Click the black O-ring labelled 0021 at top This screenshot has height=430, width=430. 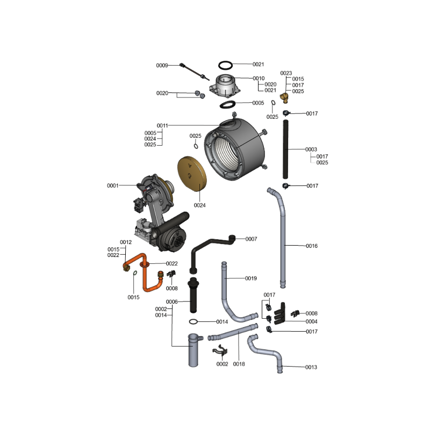(225, 62)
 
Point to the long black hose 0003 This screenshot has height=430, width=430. (285, 149)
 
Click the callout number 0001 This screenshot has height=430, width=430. (113, 185)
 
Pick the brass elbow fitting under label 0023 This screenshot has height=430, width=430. (284, 97)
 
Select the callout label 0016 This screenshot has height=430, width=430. (312, 246)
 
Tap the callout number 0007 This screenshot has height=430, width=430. (251, 239)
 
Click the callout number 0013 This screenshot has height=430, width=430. (311, 367)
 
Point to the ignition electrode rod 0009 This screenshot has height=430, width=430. (195, 72)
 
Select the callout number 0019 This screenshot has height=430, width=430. (251, 278)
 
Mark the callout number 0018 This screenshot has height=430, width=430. (239, 364)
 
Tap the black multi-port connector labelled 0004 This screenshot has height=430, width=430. (280, 314)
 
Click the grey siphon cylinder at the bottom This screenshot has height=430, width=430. (193, 350)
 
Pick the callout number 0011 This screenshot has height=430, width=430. (162, 126)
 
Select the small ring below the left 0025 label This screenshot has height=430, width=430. (196, 146)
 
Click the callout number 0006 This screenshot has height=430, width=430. (172, 302)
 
